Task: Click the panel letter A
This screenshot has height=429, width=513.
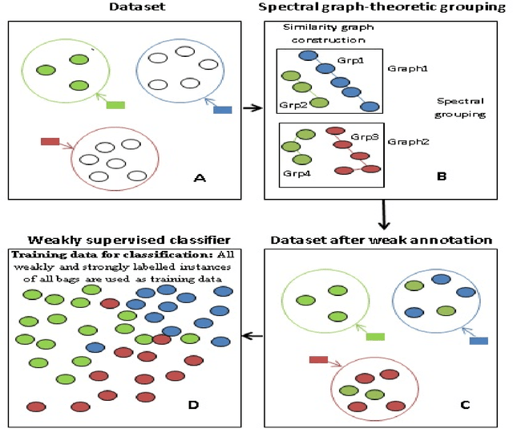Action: pos(200,179)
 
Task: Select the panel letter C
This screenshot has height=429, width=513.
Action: pos(464,403)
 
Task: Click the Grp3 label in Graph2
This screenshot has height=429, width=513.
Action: pos(365,137)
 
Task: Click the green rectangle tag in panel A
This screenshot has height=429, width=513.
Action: pos(115,104)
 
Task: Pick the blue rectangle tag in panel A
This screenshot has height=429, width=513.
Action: pos(222,109)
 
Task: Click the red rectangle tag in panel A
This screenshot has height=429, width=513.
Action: pos(50,142)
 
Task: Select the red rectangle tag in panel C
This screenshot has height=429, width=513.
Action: pos(318,359)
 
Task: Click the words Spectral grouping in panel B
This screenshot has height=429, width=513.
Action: pos(463,108)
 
